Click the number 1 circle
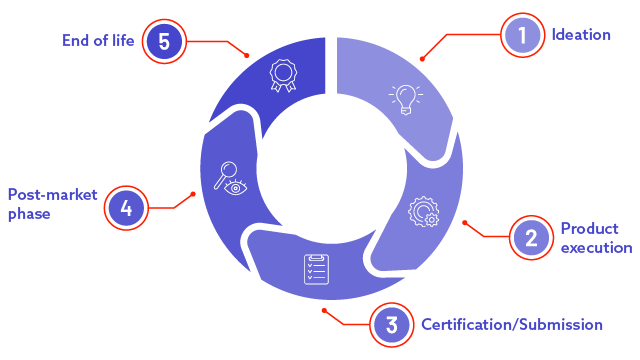pyautogui.click(x=520, y=36)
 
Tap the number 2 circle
pyautogui.click(x=531, y=237)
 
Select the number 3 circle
pyautogui.click(x=391, y=324)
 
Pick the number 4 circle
pyautogui.click(x=126, y=208)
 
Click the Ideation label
pyautogui.click(x=581, y=35)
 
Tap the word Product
pyautogui.click(x=589, y=228)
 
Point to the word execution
pyautogui.click(x=595, y=247)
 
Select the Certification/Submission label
pyautogui.click(x=511, y=324)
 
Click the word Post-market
pyautogui.click(x=53, y=194)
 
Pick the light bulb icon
pyautogui.click(x=404, y=97)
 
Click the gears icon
pyautogui.click(x=423, y=212)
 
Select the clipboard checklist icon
pyautogui.click(x=316, y=270)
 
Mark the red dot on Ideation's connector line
pyautogui.click(x=422, y=59)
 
